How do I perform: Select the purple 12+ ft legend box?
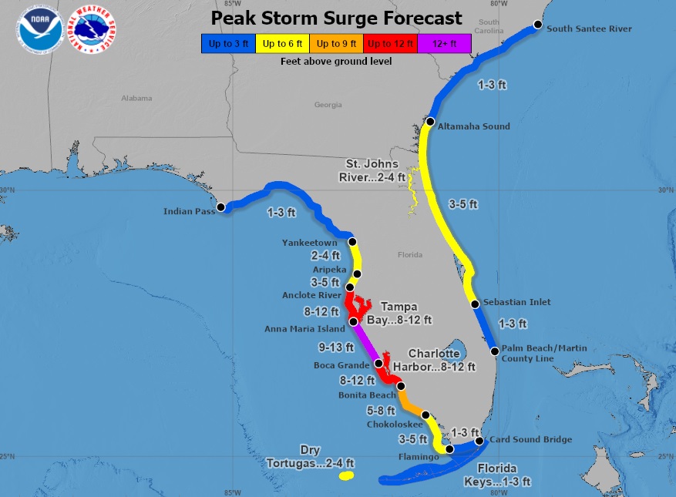pos(445,43)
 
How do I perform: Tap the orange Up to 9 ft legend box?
pos(336,43)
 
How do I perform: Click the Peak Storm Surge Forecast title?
pos(337,18)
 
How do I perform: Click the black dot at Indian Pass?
pos(220,207)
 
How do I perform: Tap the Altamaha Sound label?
pos(473,126)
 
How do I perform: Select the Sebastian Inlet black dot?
pos(476,304)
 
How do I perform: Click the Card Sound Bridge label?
pos(530,439)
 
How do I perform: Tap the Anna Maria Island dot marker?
pos(353,321)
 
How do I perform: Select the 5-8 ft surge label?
pos(381,410)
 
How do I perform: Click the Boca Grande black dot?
pos(378,364)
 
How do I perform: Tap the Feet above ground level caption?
pos(336,60)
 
